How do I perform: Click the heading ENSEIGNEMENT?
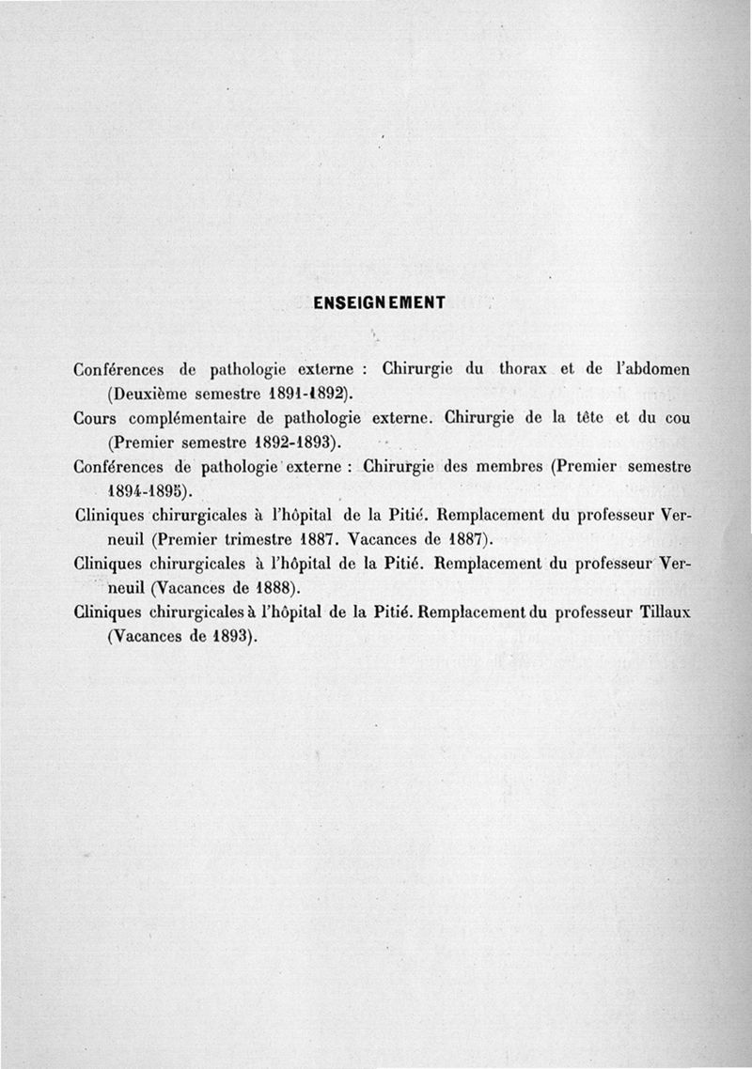point(380,302)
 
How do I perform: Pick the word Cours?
point(95,417)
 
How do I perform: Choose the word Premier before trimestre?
point(192,539)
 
